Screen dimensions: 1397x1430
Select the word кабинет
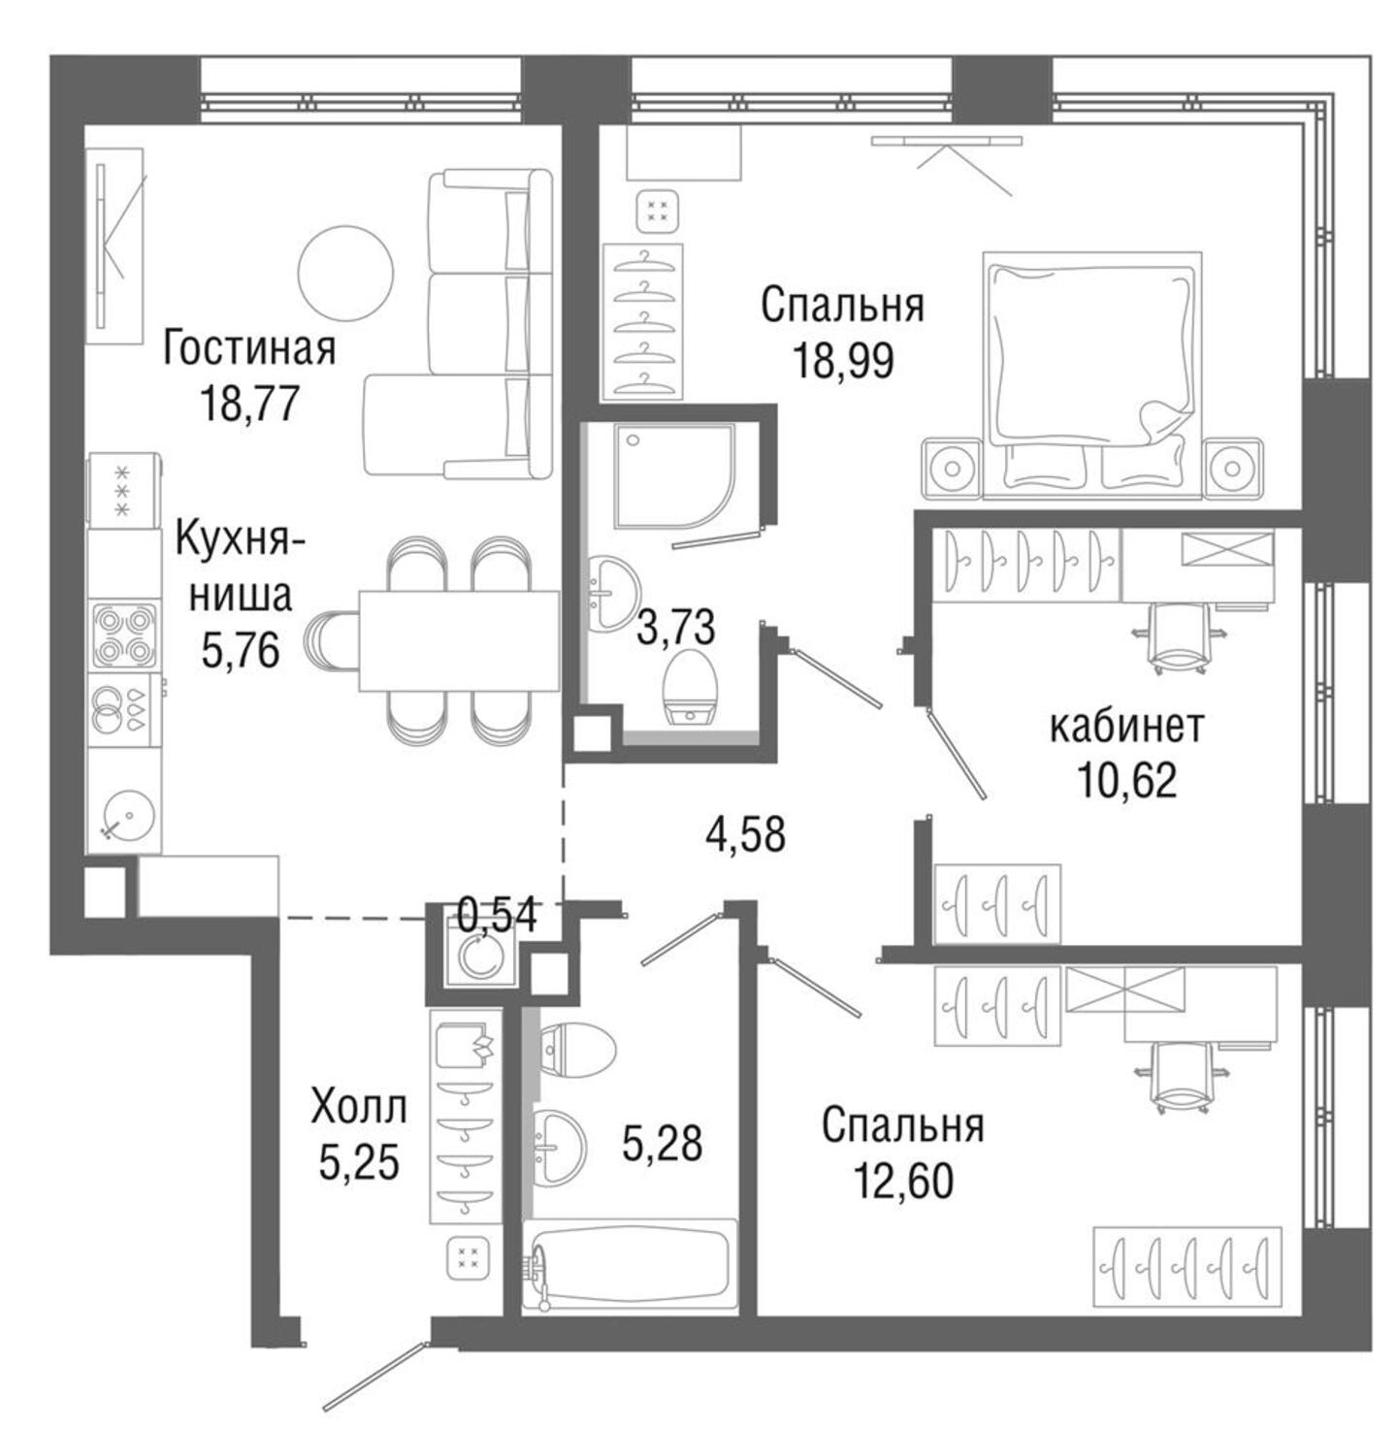tap(1126, 726)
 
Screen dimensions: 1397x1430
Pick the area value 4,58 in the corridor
tap(745, 834)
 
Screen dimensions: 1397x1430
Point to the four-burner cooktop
tap(123, 634)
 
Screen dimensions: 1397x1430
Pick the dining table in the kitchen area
tap(459, 640)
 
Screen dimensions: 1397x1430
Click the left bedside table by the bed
tap(953, 468)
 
